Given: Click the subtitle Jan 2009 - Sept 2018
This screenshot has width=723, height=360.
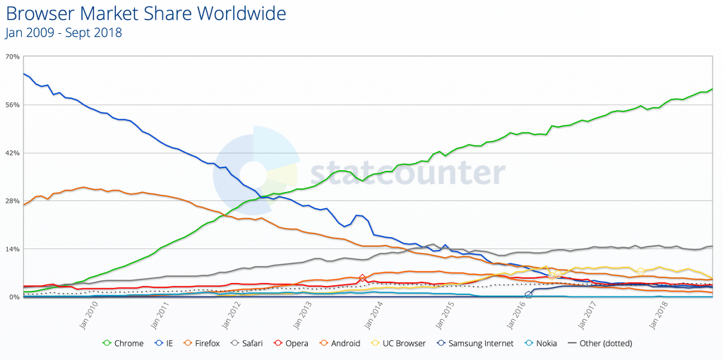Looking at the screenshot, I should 64,32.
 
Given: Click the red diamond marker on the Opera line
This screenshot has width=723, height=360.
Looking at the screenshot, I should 363,279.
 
